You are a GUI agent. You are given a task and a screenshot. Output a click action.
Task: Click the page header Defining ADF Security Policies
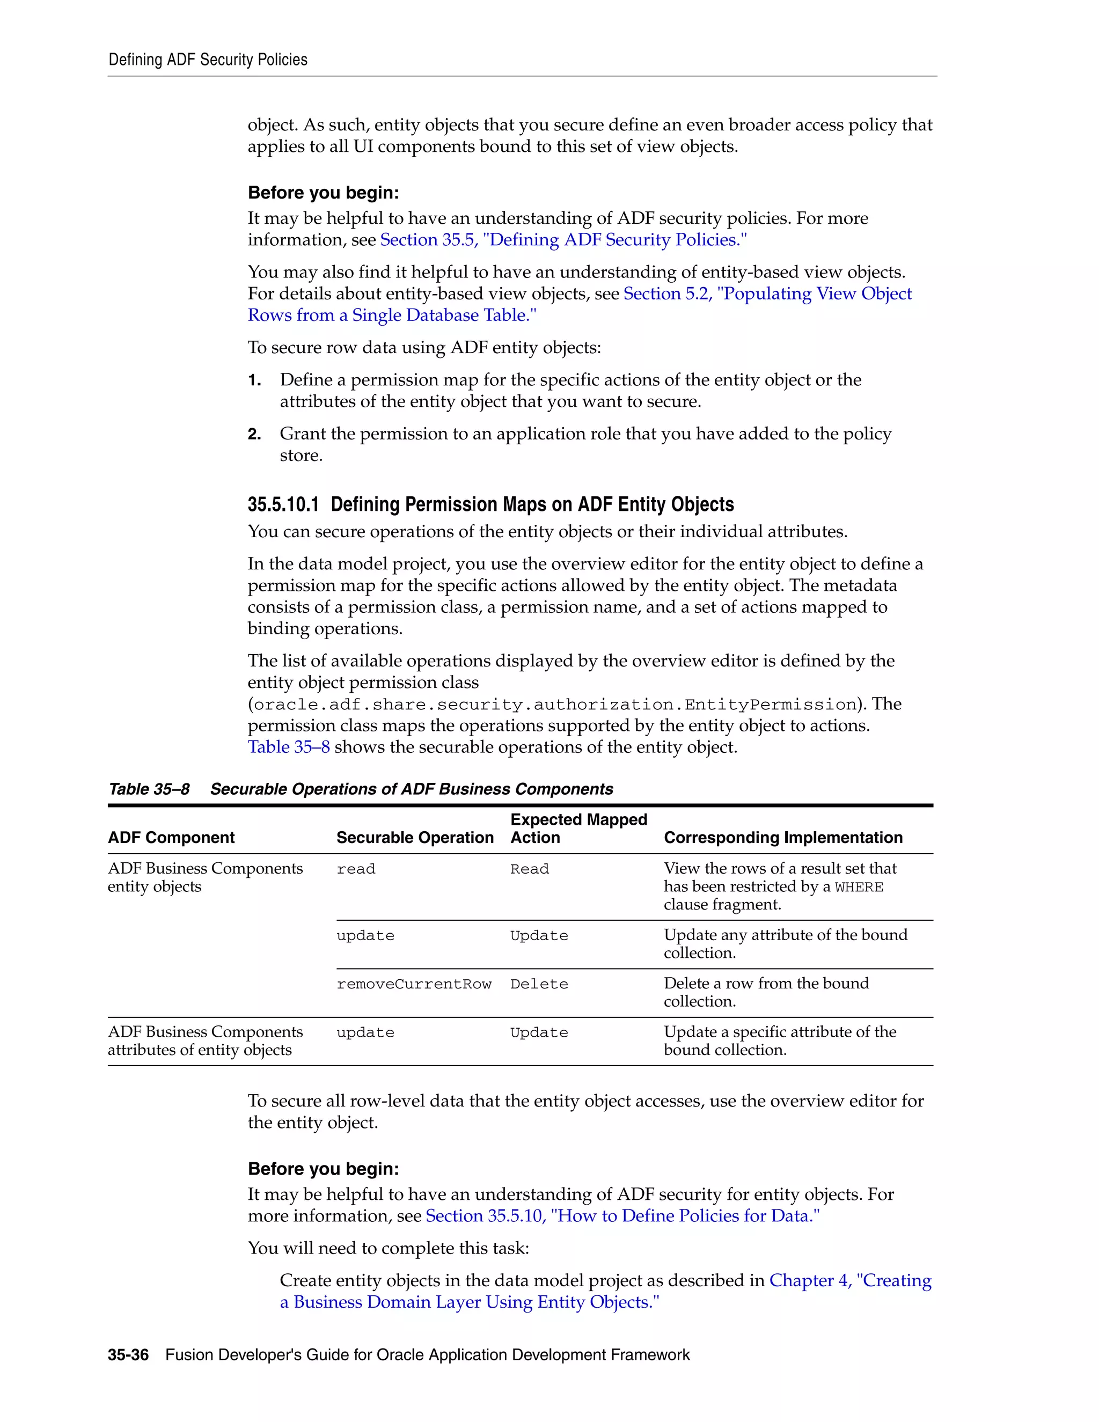208,60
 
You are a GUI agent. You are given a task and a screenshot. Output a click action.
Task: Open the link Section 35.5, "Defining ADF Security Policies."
563,240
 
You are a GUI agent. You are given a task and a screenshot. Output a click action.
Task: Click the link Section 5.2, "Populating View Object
767,294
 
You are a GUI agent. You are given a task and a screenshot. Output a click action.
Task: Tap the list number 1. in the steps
254,380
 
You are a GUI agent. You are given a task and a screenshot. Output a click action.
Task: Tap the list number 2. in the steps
254,434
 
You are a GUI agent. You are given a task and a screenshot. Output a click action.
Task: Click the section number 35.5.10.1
283,504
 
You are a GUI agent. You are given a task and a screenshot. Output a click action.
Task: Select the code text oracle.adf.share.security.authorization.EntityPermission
554,705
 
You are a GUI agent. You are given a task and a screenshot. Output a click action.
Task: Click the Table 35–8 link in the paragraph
288,747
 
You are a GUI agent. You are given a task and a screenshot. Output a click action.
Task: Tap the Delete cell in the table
538,984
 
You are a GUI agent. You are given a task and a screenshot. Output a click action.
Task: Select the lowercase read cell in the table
355,869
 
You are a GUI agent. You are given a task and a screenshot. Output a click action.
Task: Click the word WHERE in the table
859,888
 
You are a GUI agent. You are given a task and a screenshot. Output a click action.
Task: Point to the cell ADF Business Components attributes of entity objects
205,1040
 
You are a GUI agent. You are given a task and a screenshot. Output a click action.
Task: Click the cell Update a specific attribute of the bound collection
779,1040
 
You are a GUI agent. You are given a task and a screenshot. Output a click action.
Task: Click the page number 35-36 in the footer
128,1355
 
